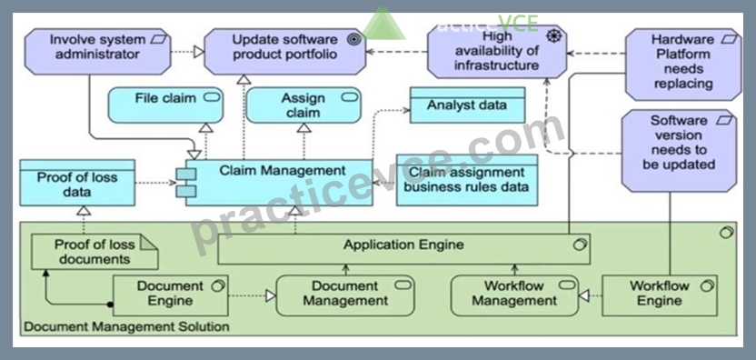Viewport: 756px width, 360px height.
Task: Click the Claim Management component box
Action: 278,183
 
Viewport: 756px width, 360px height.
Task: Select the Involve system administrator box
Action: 98,52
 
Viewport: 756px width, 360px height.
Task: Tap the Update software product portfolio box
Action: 285,52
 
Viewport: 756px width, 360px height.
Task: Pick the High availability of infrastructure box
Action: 497,52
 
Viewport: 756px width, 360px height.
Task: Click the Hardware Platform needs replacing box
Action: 683,65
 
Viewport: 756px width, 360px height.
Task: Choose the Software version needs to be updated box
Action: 679,151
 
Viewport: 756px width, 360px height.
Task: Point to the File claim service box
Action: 165,105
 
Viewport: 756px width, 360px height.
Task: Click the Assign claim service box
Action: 303,105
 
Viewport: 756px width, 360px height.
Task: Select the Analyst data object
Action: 467,105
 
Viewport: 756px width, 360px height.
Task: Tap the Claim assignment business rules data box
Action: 467,180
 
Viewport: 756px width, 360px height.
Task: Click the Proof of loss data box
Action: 77,183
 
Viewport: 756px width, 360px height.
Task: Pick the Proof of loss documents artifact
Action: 94,252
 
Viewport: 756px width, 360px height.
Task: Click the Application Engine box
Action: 404,249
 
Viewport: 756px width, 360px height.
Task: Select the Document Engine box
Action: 170,295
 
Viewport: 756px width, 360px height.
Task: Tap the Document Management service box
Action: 345,295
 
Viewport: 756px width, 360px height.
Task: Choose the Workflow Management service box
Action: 514,295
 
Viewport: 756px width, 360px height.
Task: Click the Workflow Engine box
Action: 660,295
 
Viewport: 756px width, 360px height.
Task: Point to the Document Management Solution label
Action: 127,326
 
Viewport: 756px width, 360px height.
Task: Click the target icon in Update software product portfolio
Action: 353,40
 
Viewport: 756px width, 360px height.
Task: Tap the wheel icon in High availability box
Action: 554,35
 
